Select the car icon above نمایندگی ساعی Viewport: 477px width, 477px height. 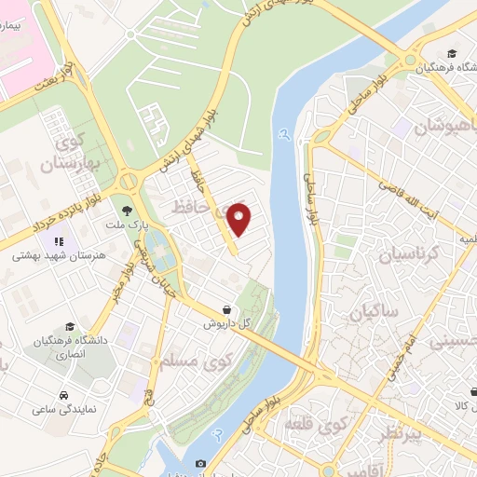coord(63,395)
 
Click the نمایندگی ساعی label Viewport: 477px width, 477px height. coord(59,409)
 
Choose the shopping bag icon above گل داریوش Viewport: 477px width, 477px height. coord(228,309)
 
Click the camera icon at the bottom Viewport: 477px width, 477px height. coord(200,464)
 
